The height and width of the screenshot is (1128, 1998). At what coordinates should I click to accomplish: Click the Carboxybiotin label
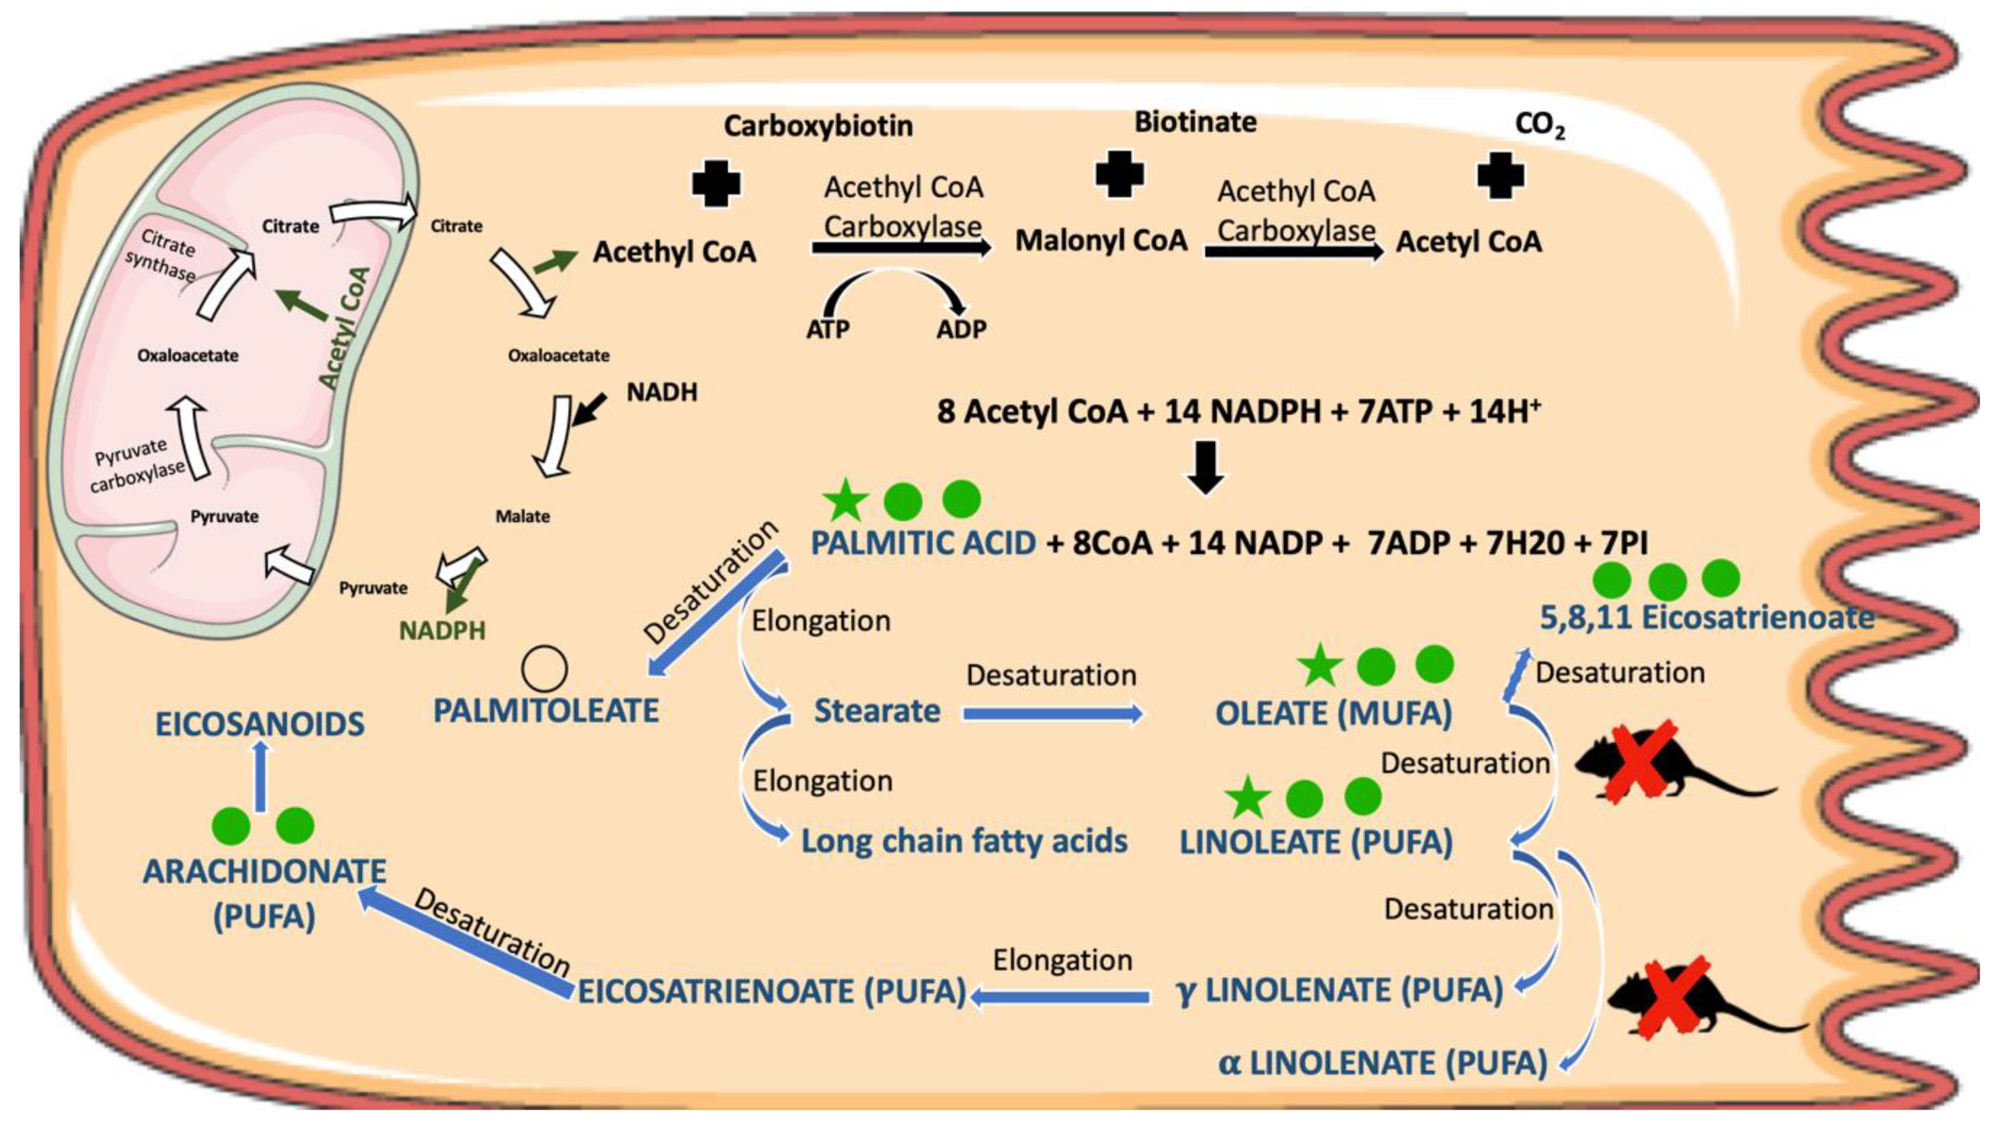818,126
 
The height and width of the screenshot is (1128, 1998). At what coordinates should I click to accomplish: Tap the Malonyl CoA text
1101,240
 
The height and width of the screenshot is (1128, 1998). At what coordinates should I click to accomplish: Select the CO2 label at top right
1539,126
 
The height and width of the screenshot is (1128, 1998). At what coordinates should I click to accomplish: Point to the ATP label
828,329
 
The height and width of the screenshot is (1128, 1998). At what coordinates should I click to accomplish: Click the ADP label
961,329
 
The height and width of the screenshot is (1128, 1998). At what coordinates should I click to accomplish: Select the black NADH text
662,392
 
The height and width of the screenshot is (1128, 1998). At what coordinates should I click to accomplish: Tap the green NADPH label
442,630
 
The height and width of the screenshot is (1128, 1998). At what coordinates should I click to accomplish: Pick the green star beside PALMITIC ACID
845,500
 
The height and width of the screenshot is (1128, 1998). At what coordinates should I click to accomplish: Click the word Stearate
877,711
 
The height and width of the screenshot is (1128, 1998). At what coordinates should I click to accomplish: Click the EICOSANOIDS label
260,724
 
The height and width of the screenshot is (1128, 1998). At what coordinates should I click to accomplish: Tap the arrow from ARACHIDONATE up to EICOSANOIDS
261,776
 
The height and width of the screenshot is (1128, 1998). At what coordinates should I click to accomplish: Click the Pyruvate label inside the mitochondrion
224,516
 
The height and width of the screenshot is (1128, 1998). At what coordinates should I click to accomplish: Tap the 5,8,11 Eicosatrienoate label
1706,617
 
